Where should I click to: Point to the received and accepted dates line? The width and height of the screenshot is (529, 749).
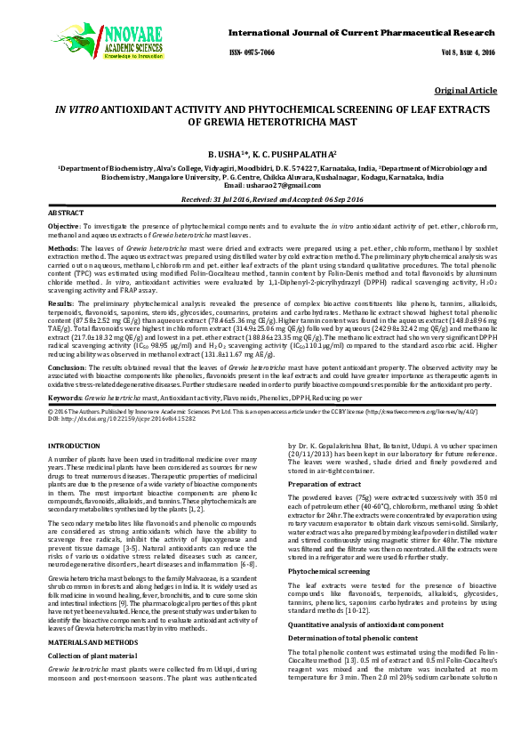click(x=263, y=201)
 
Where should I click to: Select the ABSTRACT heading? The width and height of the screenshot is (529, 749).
click(x=65, y=214)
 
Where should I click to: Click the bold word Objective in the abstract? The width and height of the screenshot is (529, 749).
click(x=63, y=229)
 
